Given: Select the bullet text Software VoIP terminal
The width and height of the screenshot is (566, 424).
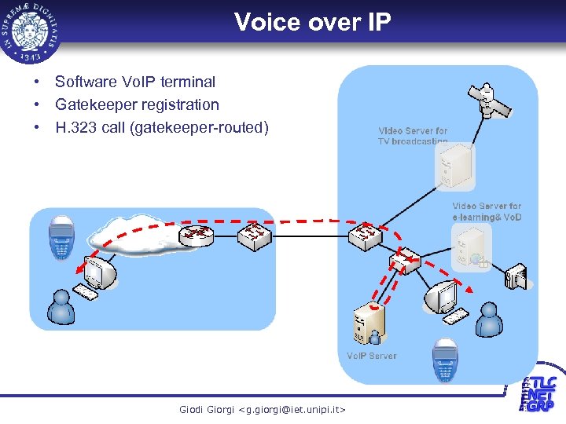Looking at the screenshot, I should [x=134, y=82].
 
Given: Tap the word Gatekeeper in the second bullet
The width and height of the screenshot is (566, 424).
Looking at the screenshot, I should [x=94, y=104].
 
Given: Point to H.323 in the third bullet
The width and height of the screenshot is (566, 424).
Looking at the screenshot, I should [x=76, y=127].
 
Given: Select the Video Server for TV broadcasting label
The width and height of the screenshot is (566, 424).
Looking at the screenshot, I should [x=413, y=136].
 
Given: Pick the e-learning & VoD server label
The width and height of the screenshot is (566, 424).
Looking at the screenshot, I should [x=487, y=211].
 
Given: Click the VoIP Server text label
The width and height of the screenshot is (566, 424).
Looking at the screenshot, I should [x=372, y=356].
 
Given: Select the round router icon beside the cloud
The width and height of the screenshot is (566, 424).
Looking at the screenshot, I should [x=197, y=233].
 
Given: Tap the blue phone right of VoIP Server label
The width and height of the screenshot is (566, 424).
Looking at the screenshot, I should [x=444, y=360].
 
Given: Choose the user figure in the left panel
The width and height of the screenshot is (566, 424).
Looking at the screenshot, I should [x=61, y=307].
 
